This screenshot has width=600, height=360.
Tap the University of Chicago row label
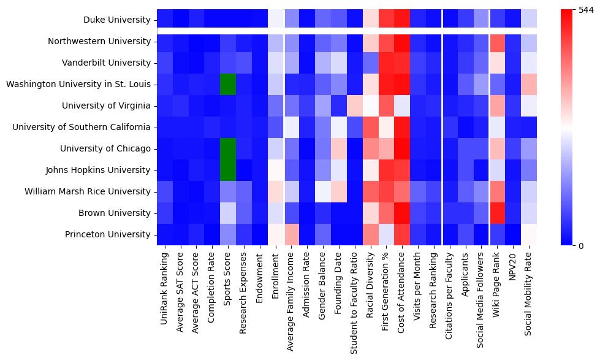[x=105, y=149]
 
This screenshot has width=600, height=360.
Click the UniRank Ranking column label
[x=165, y=286]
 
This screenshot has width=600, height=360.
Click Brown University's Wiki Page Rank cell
[x=497, y=213]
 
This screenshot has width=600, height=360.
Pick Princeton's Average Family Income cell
[x=291, y=234]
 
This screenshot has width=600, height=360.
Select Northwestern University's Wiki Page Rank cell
[x=497, y=42]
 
